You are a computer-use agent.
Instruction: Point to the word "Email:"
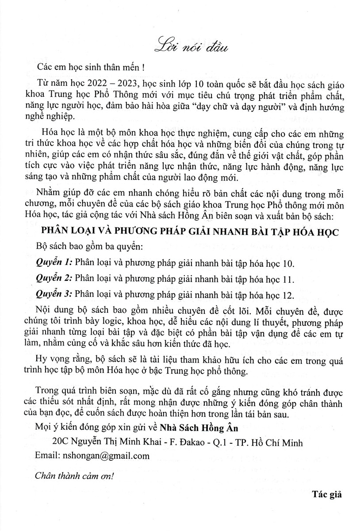[x=45, y=455]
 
